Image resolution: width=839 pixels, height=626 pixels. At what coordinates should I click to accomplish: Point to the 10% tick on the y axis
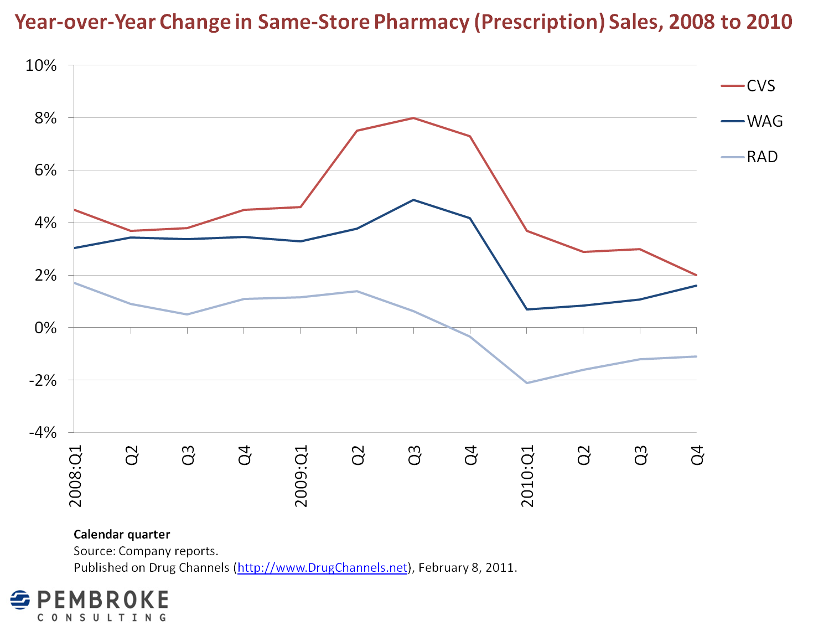click(41, 65)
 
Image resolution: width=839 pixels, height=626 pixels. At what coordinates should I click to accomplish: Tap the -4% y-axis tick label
click(43, 433)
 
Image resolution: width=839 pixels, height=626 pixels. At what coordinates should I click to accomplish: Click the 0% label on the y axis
click(45, 328)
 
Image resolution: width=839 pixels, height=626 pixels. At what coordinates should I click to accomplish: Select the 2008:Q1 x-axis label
click(75, 475)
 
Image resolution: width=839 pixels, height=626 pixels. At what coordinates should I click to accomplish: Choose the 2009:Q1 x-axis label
click(301, 475)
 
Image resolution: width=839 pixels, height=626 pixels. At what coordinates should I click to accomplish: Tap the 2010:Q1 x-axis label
click(527, 475)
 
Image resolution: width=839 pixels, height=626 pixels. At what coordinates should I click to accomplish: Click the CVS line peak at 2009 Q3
click(413, 118)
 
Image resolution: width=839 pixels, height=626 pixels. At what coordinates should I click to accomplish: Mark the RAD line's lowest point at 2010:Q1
click(527, 382)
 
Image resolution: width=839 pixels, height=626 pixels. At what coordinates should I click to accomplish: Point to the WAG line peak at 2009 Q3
click(413, 200)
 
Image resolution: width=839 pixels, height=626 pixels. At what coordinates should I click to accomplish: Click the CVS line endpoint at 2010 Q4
click(696, 275)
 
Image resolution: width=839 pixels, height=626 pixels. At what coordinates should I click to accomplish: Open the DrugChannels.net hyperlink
click(322, 567)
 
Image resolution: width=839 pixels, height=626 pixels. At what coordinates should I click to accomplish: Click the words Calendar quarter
click(122, 534)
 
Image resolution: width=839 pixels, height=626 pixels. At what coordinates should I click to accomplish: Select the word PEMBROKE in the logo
click(103, 599)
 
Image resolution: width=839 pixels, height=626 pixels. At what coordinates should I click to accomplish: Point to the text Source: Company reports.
click(146, 551)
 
